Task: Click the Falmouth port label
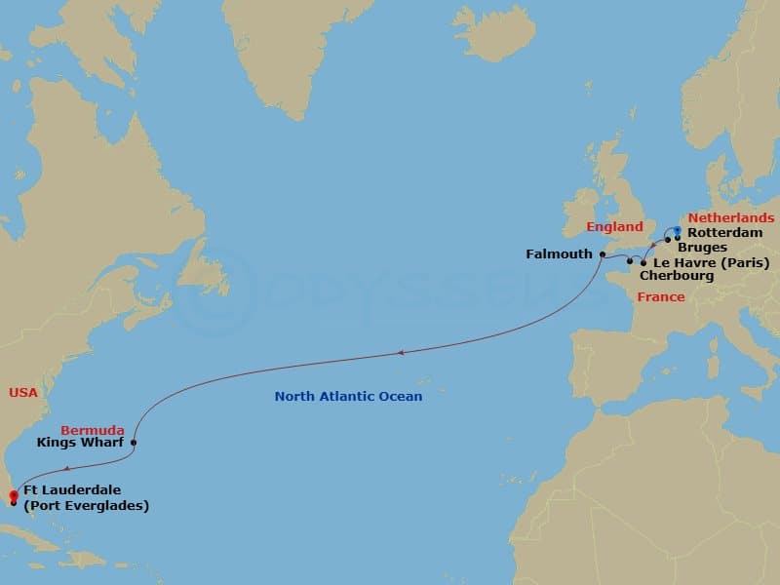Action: (559, 253)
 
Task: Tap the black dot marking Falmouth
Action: (603, 254)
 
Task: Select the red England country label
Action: (614, 227)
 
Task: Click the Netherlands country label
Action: (731, 218)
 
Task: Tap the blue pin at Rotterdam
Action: (678, 231)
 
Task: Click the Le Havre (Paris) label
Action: (712, 262)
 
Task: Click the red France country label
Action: (660, 296)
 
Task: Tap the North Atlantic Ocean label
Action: (348, 396)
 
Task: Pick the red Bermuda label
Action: (92, 430)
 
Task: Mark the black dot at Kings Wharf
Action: (133, 443)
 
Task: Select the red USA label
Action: (23, 392)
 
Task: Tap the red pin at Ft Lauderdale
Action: (13, 496)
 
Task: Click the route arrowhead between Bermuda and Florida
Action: (53, 470)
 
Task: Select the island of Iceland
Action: (492, 34)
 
